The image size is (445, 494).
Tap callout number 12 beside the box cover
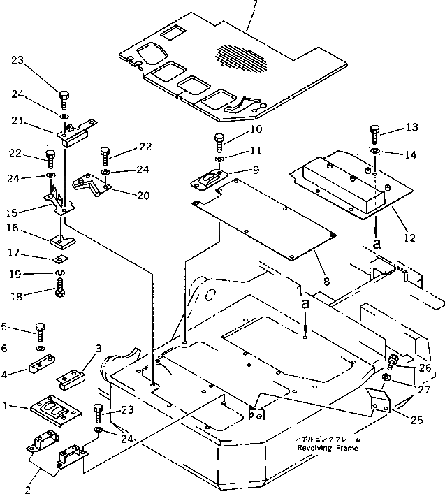[410, 238]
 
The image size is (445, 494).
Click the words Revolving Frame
[326, 448]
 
